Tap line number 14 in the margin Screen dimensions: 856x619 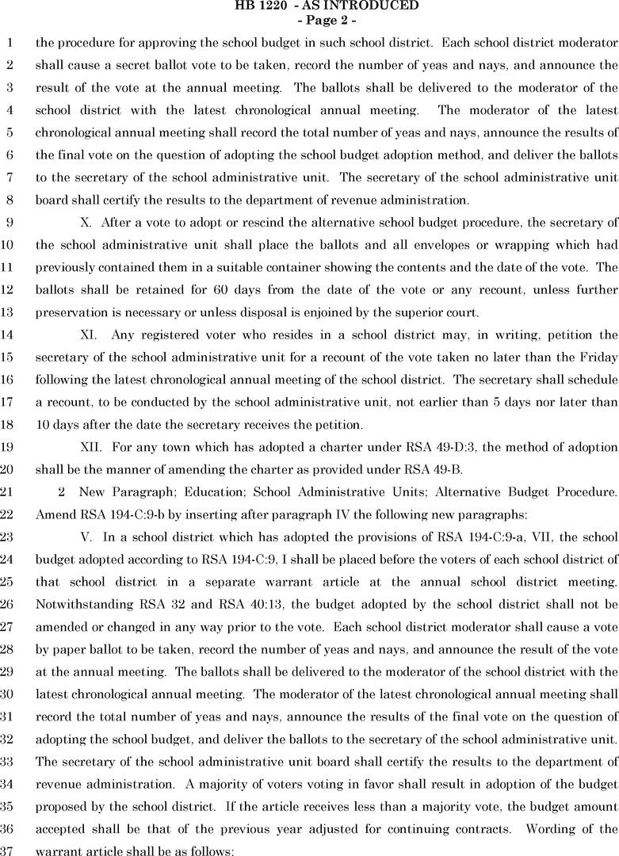(x=8, y=336)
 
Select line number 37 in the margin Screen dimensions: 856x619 (x=8, y=850)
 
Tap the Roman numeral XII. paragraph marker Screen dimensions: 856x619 (x=92, y=447)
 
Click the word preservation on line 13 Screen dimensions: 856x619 (x=72, y=313)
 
